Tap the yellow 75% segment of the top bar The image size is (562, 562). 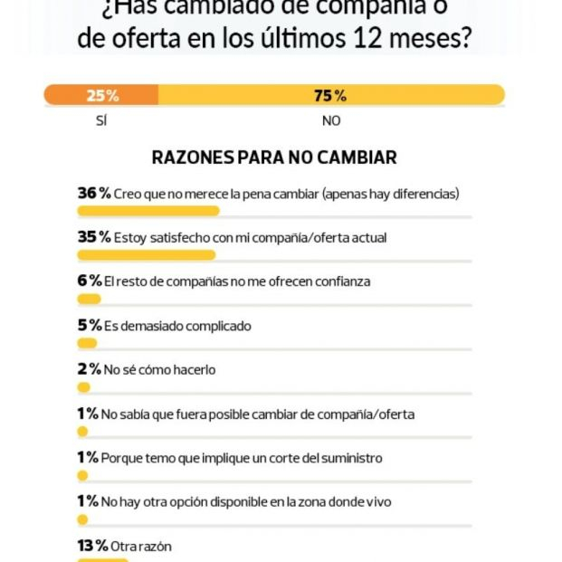330,95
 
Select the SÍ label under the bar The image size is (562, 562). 100,120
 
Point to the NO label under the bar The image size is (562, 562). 330,120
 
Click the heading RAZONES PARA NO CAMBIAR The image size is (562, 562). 274,157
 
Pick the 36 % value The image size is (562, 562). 93,194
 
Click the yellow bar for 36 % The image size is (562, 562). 148,211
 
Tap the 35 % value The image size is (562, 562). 93,237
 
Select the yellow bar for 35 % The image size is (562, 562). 146,255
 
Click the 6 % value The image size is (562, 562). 89,281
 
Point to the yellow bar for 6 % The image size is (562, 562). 89,299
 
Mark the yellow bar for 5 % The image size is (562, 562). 87,343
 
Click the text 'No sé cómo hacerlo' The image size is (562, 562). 159,369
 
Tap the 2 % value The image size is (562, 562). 89,369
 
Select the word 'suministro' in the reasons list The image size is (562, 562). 350,458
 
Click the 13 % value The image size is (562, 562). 92,546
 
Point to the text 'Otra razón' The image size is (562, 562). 140,547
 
